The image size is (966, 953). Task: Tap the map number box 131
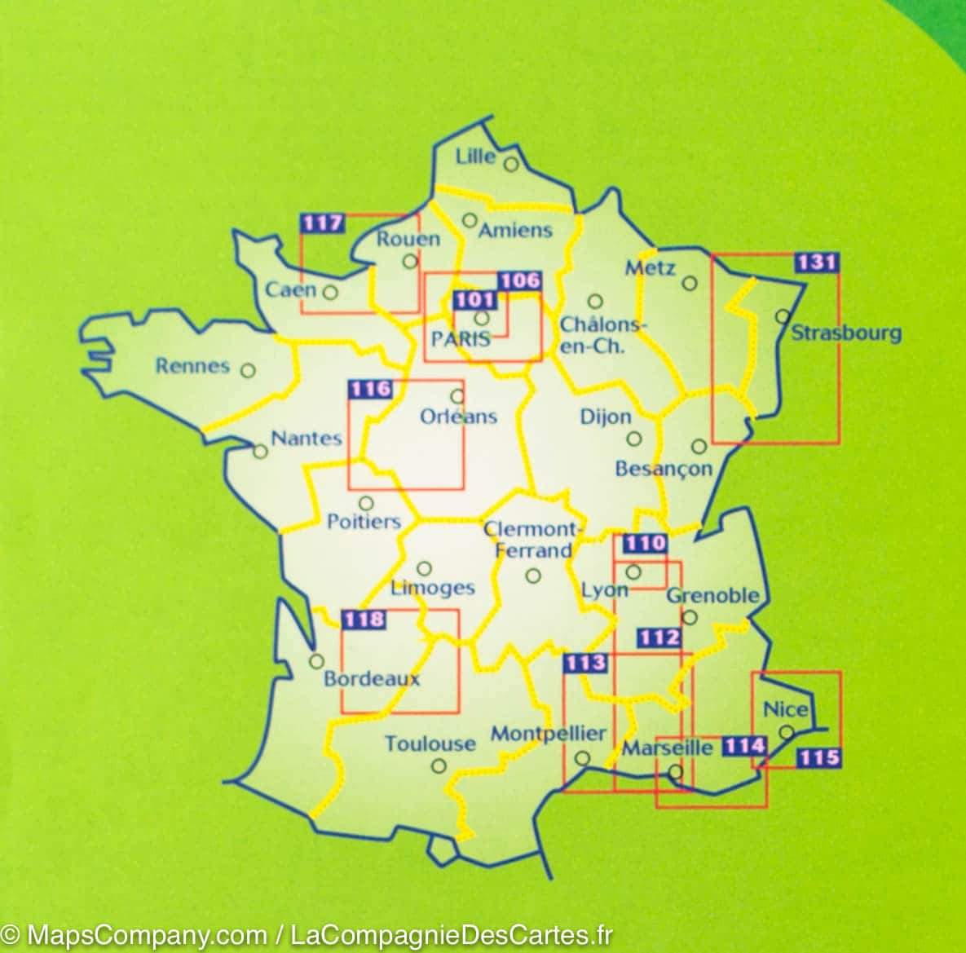coord(816,263)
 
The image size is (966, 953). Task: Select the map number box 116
coord(371,390)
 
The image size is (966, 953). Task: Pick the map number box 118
coord(364,620)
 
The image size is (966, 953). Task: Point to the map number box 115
coord(818,757)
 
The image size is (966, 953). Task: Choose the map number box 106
coord(519,281)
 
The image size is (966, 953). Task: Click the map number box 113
coord(586,663)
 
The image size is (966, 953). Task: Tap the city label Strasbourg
coord(846,333)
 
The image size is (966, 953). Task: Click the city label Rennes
coord(192,365)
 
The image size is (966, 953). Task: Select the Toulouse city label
coord(430,743)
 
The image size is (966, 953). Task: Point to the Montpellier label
coord(548,733)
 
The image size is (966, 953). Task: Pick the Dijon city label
coord(606,417)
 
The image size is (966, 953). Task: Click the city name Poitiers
coord(364,521)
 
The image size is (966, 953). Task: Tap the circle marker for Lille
coord(511,164)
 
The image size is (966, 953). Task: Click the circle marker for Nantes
coord(260,451)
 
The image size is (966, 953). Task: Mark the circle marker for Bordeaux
coord(316,661)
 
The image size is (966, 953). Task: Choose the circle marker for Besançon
coord(699,446)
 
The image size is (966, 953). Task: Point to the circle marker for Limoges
coord(424,568)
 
